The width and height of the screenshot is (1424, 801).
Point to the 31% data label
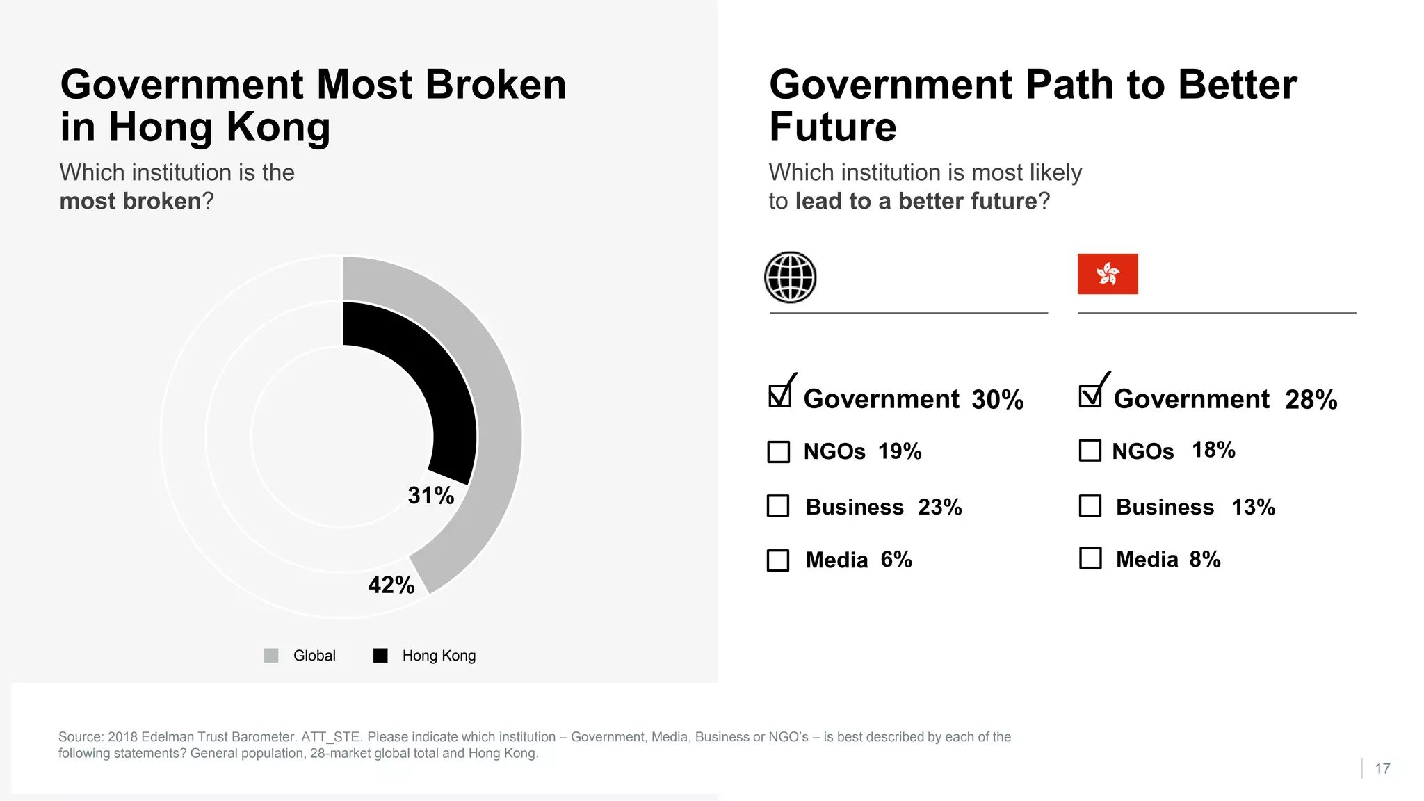tap(430, 496)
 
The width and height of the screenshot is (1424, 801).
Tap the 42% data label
tap(391, 585)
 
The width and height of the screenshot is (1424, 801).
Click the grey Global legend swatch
tap(271, 656)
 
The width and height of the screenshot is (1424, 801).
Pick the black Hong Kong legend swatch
tap(380, 656)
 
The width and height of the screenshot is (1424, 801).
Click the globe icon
tap(790, 277)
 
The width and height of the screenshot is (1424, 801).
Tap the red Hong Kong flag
tap(1108, 274)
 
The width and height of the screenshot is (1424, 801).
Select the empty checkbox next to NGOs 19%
tap(779, 452)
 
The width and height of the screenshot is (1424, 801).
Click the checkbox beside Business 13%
tap(1090, 506)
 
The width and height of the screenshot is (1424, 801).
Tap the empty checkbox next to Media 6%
tap(778, 560)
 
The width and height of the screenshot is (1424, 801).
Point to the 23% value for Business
tap(939, 508)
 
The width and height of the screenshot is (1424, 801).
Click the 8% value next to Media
tap(1204, 560)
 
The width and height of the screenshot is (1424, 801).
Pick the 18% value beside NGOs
tap(1213, 451)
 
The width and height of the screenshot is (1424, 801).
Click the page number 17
tap(1382, 768)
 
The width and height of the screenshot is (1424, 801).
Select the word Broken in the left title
tap(496, 85)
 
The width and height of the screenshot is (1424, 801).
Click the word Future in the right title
tap(833, 127)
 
